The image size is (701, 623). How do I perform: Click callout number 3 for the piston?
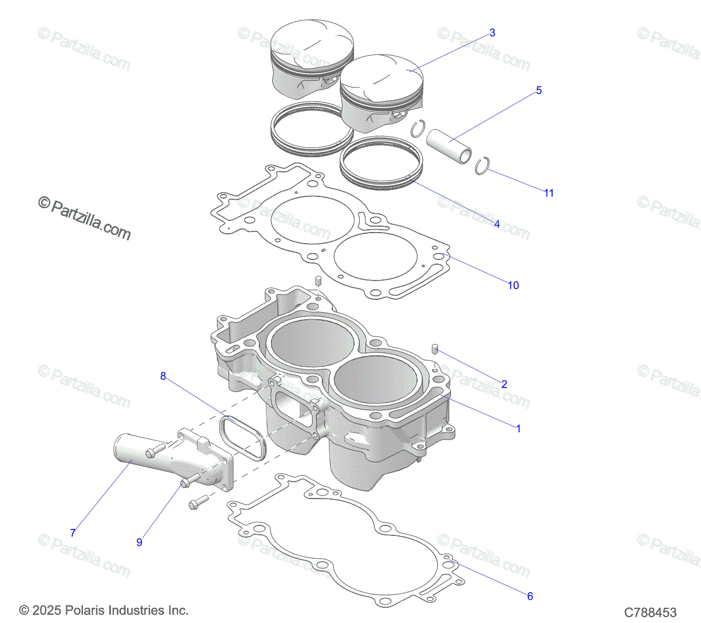point(492,33)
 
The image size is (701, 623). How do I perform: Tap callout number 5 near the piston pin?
point(539,90)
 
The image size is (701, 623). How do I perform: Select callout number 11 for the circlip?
point(549,193)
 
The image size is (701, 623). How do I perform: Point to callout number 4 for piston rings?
point(497,224)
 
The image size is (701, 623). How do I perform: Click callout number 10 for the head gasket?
point(513,285)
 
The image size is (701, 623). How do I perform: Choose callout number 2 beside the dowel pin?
point(504,384)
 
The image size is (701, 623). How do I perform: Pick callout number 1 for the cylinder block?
point(518,428)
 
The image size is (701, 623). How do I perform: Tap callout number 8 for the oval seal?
point(163,376)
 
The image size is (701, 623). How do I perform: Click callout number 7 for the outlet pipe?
point(73,533)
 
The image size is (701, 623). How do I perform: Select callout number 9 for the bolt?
point(139,542)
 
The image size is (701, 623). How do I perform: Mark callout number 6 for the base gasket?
point(530,596)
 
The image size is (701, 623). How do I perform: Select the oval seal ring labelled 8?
point(243,437)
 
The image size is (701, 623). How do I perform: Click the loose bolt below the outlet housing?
point(198,502)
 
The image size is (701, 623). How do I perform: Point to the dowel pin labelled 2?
point(435,349)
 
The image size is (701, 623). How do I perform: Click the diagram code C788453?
point(650,612)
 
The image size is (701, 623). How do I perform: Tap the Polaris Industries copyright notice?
point(104,610)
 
